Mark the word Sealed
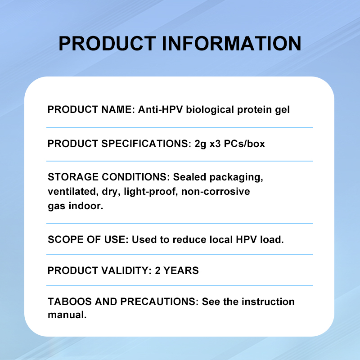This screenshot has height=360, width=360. coord(189,177)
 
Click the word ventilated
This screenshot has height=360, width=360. coord(70,191)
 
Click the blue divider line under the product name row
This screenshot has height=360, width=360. coord(180,127)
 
